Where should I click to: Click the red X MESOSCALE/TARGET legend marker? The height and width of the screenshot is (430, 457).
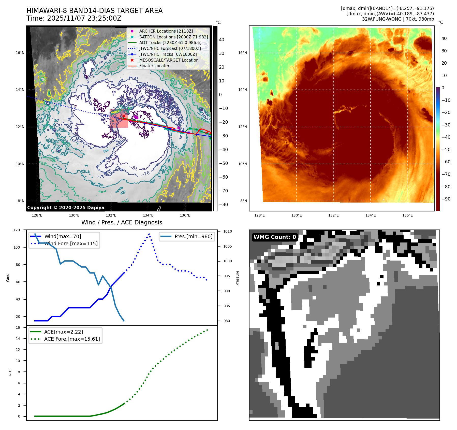point(132,60)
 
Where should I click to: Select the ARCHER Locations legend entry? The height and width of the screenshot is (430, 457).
point(166,31)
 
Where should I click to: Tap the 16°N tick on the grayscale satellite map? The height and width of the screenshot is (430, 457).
point(20,53)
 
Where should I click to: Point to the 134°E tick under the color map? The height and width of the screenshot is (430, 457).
point(371,215)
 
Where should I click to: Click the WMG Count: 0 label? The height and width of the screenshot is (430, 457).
point(275,237)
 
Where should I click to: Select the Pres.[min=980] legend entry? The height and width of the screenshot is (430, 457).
point(193,236)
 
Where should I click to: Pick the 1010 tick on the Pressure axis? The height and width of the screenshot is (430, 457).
point(227,231)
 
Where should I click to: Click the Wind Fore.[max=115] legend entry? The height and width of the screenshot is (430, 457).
point(71,243)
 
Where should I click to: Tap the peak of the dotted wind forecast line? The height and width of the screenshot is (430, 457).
point(149,234)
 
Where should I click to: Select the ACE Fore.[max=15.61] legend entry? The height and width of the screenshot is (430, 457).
point(72,339)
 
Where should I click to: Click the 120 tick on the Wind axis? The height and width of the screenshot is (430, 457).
point(17,230)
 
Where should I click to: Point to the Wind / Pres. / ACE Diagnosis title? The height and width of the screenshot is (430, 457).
point(122,222)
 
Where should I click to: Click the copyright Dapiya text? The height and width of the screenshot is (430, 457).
point(66,208)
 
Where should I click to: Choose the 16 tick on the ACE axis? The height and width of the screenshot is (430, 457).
point(18,327)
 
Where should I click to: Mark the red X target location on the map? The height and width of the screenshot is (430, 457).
point(124,116)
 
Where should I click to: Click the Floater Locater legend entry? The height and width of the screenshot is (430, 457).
point(154,66)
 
